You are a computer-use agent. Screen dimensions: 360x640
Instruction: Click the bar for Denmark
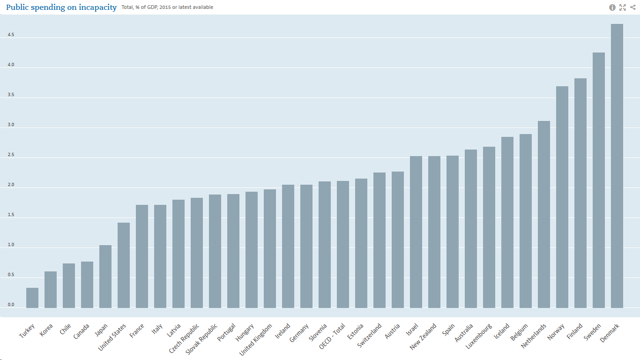(617, 166)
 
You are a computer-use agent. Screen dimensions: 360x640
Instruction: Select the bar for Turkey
(32, 298)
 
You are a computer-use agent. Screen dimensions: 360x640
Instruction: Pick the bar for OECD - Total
(343, 244)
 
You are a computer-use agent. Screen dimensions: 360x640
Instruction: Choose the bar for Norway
(562, 197)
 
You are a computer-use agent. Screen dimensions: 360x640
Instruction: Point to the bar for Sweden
(599, 180)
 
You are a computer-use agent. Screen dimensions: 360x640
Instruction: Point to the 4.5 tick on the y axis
(11, 35)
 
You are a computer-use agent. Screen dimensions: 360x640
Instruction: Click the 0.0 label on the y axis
(11, 305)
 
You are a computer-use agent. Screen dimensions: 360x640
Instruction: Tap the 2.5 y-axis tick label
(11, 155)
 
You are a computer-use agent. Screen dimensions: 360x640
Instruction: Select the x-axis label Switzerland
(370, 335)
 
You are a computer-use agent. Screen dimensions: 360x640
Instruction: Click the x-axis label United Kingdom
(256, 339)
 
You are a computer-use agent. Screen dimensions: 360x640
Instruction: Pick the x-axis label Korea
(46, 330)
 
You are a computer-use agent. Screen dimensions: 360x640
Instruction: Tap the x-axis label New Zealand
(424, 336)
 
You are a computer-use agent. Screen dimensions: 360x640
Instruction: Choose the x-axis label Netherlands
(534, 336)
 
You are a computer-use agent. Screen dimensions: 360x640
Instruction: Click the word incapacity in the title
(93, 7)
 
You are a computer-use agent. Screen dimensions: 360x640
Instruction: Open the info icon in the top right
(612, 7)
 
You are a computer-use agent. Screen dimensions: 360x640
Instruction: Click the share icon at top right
(633, 7)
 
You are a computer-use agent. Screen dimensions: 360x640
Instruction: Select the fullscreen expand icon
(623, 7)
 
